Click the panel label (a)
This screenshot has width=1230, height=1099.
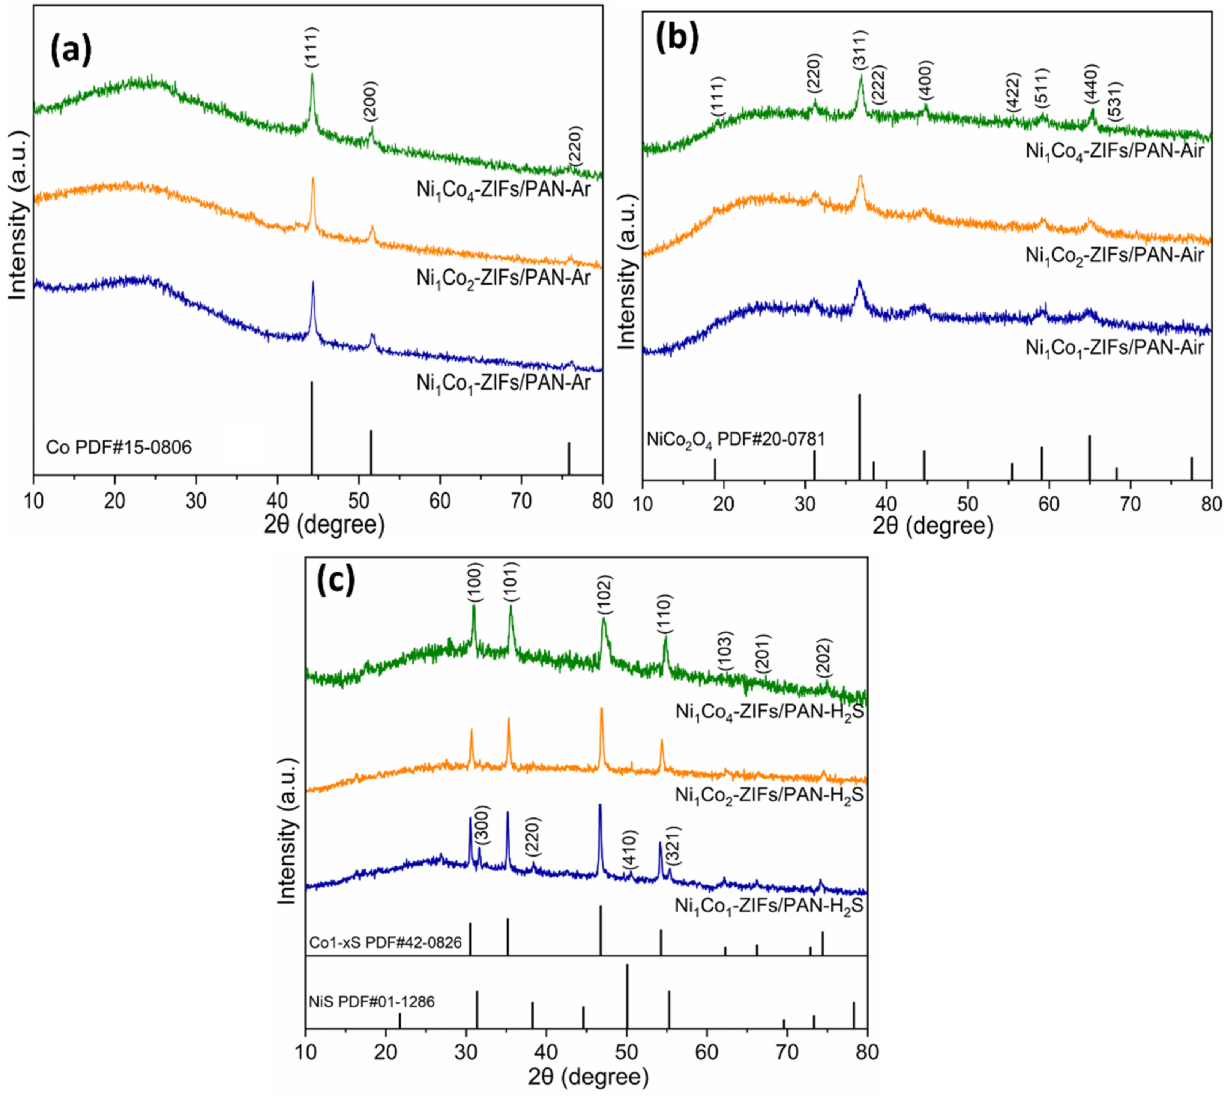tap(71, 51)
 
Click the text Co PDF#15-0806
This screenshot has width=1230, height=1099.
tap(119, 447)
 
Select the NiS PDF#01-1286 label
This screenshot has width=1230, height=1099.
tap(371, 1002)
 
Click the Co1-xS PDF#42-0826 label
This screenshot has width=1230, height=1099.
tap(385, 942)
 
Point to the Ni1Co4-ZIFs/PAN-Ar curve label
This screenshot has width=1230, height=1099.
tap(503, 190)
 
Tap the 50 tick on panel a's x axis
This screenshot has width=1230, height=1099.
tap(359, 500)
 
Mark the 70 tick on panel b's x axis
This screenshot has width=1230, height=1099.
tap(1130, 504)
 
